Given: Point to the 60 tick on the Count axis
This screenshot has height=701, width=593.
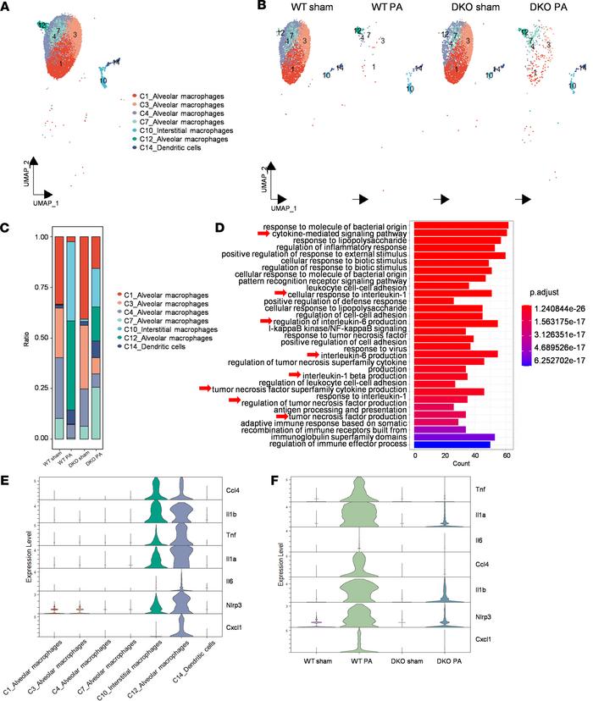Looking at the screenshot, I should pyautogui.click(x=506, y=455).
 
